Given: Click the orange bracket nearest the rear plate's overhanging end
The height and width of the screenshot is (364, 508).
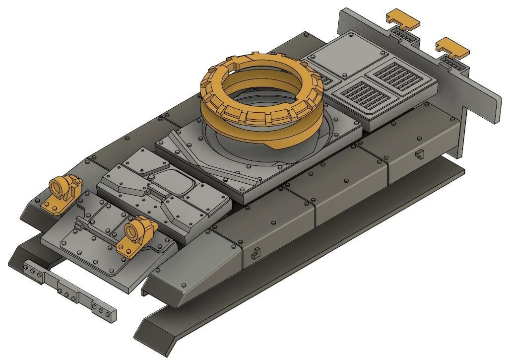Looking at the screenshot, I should (452, 47).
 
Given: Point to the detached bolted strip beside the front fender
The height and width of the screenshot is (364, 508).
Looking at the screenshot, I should (69, 291).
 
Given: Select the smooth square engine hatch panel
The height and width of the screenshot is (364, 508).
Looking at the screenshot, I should (338, 55).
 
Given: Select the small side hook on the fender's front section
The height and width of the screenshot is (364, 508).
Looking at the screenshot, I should (256, 253).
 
